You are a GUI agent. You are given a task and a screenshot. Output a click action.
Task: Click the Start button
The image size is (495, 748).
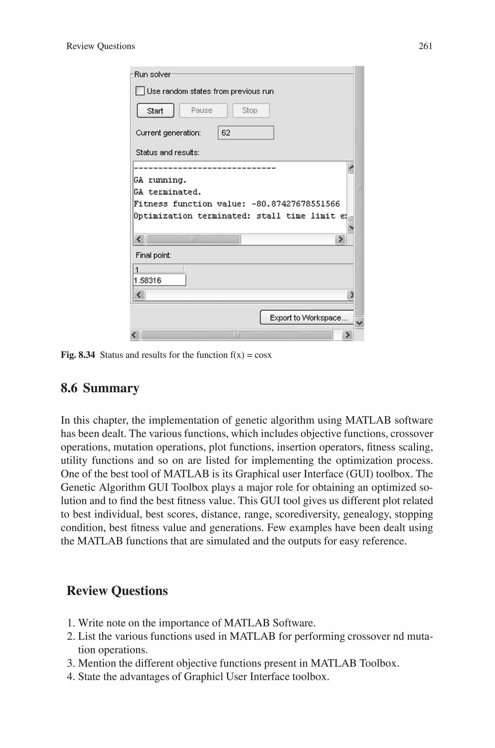coord(155,111)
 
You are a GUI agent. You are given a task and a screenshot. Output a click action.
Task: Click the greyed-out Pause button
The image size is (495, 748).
coord(203,111)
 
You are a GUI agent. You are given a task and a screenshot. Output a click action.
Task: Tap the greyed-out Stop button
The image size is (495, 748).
coord(251,111)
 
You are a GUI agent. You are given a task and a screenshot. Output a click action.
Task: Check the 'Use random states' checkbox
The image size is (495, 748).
coord(140,91)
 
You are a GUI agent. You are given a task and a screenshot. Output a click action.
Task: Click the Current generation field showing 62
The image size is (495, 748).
coord(246,133)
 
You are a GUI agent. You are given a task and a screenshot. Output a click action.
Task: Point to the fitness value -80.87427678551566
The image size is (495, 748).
coord(296,204)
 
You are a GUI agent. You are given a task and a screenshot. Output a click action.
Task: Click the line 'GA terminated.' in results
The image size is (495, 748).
coord(167,192)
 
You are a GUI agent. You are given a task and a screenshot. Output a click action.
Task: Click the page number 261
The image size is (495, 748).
coord(425,46)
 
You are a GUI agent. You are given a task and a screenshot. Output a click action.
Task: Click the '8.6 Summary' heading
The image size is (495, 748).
coord(100,388)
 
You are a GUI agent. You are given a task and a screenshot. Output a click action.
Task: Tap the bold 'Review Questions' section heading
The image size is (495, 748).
coord(117,591)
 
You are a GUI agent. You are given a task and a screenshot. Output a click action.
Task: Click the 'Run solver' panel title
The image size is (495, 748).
coord(153,75)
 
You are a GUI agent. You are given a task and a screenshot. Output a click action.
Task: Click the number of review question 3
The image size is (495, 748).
coord(70,663)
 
